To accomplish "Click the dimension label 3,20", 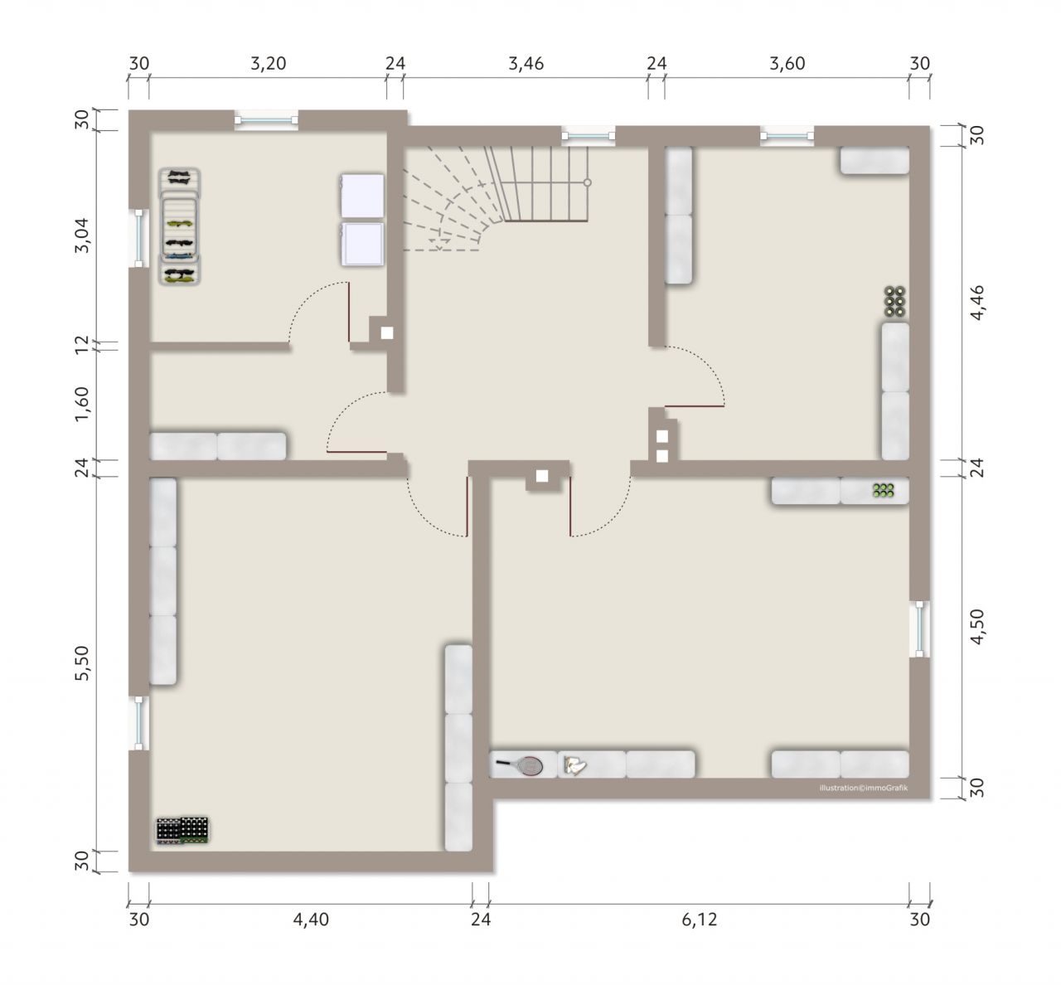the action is pos(269,64).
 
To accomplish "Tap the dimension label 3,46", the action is pos(526,64).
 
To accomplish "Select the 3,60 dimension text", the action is pos(787,64).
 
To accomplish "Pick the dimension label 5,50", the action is pos(82,663).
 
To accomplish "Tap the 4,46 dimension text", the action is pos(977,303).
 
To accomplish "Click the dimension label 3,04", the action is pos(82,235).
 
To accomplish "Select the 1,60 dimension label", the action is pos(82,405).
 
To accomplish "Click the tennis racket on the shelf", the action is pos(521,765).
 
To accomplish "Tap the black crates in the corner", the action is pos(182,831).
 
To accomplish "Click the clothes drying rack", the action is pos(180,226).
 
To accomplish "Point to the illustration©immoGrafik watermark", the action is pos(864,788).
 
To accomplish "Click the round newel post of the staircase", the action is pos(587,182).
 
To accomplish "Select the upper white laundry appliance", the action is pos(362,197).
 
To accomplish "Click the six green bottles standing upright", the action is pos(895,302).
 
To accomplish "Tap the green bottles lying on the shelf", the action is pos(883,490).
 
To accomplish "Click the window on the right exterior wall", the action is pos(919,628).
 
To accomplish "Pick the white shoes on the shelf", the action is pos(574,765).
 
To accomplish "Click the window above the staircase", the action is pos(588,136).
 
